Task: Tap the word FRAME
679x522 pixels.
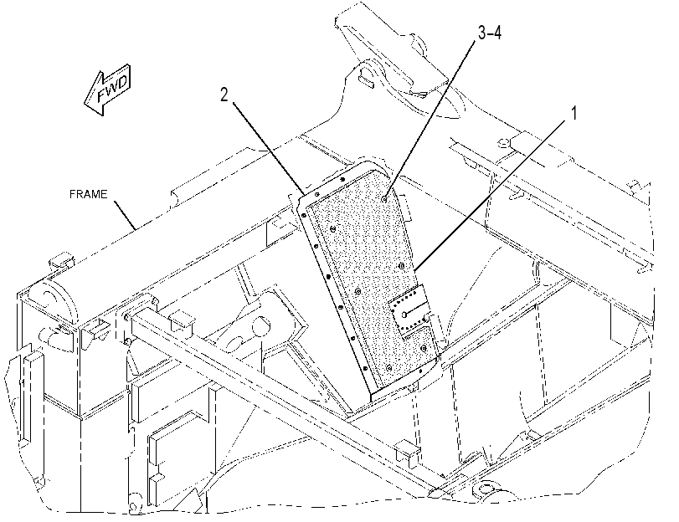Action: pos(89,194)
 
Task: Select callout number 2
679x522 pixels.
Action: pos(224,95)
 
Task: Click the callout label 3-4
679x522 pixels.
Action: pos(490,32)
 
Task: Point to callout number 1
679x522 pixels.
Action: pos(574,114)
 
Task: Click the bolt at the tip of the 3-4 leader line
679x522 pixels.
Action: pos(384,199)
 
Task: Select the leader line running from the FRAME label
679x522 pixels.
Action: pos(125,215)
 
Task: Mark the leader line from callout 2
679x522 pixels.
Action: pos(269,148)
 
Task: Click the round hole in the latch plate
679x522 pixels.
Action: pos(404,315)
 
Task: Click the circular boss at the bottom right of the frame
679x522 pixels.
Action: pos(487,490)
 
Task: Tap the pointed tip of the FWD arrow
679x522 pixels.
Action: pos(85,103)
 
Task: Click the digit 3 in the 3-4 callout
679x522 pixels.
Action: pos(482,32)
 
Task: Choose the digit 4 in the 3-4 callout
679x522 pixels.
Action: pos(497,32)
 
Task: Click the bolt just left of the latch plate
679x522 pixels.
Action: pos(358,291)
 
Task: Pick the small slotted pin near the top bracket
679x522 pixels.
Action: pos(367,82)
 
